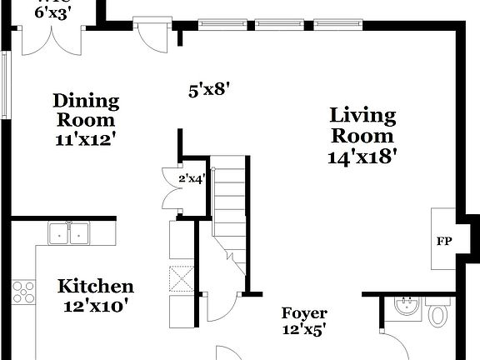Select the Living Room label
coord(362,125)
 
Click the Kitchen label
coord(95,287)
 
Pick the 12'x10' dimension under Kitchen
coord(95,306)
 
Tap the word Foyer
coord(303,313)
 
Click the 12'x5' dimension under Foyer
coord(303,329)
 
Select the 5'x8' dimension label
coord(208,88)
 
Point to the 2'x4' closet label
coord(192,177)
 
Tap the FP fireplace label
coord(444,242)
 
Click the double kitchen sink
coord(69,233)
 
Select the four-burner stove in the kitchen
coord(23,292)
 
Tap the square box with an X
coord(182,278)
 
